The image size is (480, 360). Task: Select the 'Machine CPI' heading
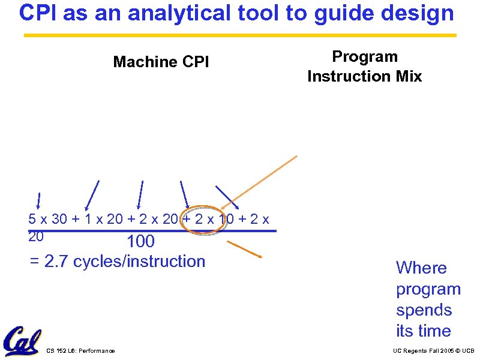(x=161, y=62)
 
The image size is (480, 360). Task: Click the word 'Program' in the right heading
(x=365, y=57)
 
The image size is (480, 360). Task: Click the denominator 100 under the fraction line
(x=140, y=242)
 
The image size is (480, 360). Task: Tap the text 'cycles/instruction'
(x=139, y=262)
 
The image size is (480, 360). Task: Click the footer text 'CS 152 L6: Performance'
(x=80, y=350)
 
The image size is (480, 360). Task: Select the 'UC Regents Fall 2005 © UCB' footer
(x=433, y=350)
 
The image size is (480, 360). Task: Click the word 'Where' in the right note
(x=421, y=268)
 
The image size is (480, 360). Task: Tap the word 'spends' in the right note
(x=424, y=310)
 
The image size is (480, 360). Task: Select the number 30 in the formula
(x=60, y=219)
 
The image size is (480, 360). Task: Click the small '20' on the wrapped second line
(x=36, y=236)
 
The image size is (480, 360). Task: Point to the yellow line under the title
(x=240, y=35)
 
